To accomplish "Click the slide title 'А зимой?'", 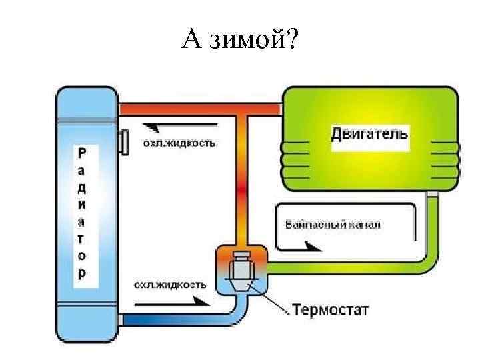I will [241, 42].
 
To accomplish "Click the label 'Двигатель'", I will [369, 133].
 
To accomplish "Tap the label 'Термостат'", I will [331, 310].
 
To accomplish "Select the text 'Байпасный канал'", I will [333, 225].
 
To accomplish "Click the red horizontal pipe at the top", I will [200, 107].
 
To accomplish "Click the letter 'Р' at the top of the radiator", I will [81, 153].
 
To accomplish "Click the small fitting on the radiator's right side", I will [123, 142].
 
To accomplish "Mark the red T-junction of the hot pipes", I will [243, 109].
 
